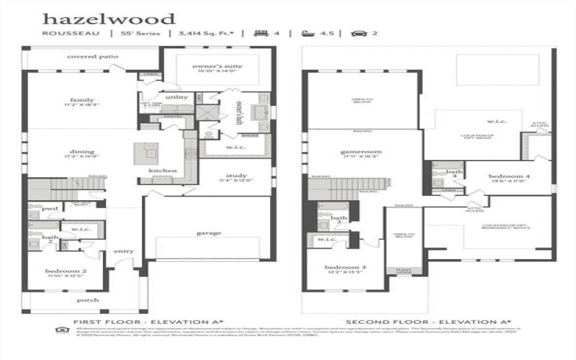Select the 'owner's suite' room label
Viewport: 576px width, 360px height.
pyautogui.click(x=217, y=66)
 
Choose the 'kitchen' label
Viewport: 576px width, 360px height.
pyautogui.click(x=159, y=171)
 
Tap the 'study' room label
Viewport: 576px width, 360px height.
pyautogui.click(x=235, y=176)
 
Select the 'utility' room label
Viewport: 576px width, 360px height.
pyautogui.click(x=176, y=96)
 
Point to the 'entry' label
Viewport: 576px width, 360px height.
pyautogui.click(x=125, y=251)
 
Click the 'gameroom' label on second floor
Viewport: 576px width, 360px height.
pyautogui.click(x=361, y=152)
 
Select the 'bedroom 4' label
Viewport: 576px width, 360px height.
pyautogui.click(x=510, y=176)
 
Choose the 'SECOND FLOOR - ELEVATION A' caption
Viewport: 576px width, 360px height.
pyautogui.click(x=428, y=322)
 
